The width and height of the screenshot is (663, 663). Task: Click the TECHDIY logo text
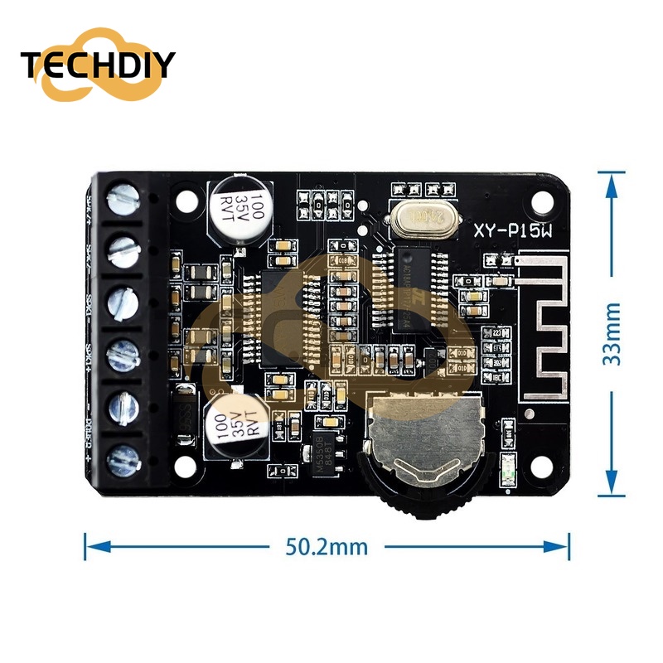pos(99,65)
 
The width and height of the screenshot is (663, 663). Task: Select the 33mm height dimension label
pos(612,332)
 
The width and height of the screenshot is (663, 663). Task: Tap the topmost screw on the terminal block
pos(123,200)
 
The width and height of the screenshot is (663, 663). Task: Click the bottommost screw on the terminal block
pos(123,455)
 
